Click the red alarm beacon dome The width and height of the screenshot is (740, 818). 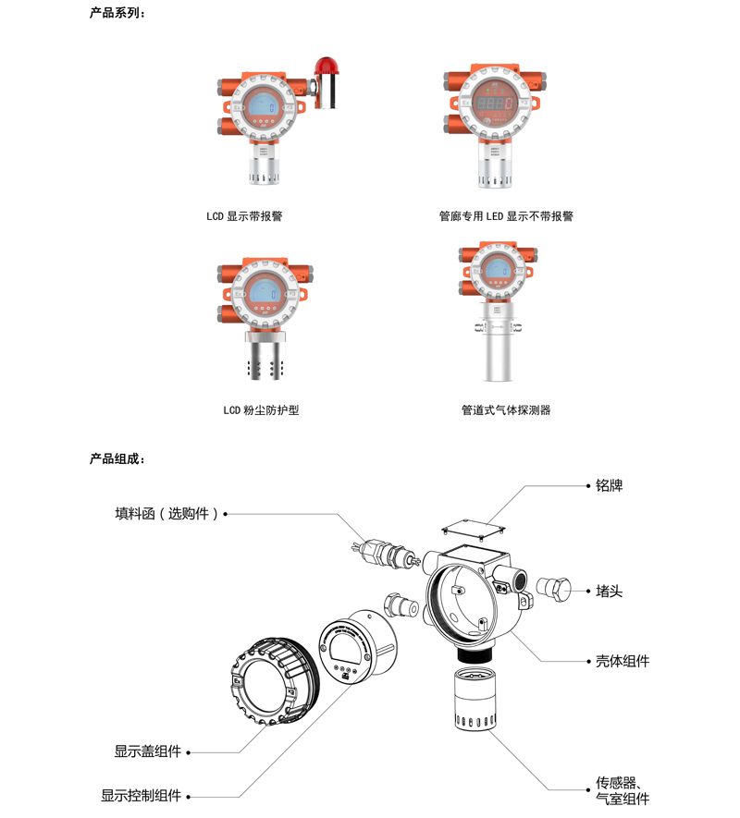point(327,66)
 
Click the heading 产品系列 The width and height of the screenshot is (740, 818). point(117,13)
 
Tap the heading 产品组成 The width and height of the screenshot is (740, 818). point(117,458)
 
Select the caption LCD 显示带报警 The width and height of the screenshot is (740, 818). point(244,216)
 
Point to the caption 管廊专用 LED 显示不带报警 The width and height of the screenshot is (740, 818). point(506,216)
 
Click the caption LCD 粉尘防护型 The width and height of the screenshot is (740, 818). point(261,410)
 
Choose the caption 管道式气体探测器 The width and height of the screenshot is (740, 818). point(506,410)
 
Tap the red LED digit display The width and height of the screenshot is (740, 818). point(493,103)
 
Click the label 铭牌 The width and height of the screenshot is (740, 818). point(610,485)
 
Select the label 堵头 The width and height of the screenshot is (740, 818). point(610,591)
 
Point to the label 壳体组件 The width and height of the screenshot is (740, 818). point(623,661)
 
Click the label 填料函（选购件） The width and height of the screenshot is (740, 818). point(166,514)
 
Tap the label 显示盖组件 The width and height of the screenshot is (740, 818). point(148,751)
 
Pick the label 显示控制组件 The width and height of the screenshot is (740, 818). point(141,796)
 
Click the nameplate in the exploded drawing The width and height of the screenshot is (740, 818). point(474,529)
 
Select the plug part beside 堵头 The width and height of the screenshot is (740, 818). point(553,589)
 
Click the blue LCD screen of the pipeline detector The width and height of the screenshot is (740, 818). point(497,271)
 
